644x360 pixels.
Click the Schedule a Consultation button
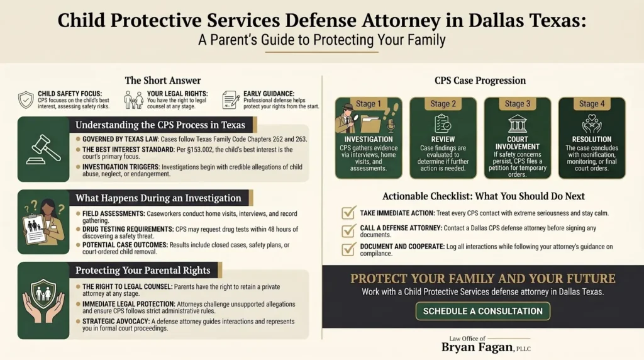(x=482, y=311)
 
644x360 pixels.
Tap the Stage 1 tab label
(x=369, y=104)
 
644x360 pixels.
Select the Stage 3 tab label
(x=517, y=104)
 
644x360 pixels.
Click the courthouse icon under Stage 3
(x=517, y=123)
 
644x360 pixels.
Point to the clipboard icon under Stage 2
(x=442, y=123)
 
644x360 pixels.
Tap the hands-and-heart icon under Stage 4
(x=591, y=123)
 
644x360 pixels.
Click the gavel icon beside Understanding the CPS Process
(x=43, y=149)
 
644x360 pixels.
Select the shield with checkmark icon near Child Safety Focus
(x=26, y=100)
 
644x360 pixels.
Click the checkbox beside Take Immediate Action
(x=348, y=213)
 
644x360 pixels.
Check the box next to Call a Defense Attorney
(x=348, y=230)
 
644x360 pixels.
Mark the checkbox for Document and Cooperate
(x=348, y=249)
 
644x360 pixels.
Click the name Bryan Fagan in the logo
(x=477, y=347)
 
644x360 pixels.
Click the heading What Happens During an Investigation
(x=158, y=198)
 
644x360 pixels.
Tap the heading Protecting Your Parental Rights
(x=143, y=271)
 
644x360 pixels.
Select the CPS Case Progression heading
(x=480, y=81)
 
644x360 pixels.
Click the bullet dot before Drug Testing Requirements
(x=78, y=229)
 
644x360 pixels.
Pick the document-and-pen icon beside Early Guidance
(x=231, y=100)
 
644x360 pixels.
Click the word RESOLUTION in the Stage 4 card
(x=591, y=139)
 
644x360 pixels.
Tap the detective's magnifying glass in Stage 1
(x=353, y=118)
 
